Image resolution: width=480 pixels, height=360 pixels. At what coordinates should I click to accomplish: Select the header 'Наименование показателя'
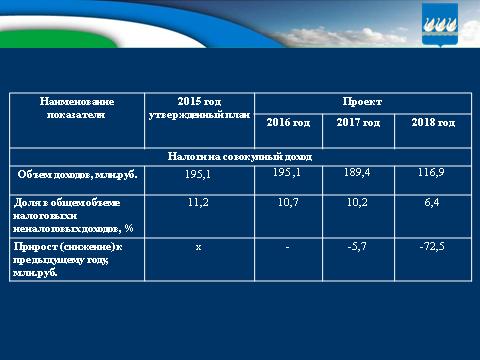76,109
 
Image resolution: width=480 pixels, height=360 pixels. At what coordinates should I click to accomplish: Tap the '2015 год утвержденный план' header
197,109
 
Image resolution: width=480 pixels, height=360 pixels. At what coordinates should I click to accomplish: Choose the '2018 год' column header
433,123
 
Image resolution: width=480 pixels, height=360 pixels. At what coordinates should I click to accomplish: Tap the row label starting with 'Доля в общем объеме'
76,213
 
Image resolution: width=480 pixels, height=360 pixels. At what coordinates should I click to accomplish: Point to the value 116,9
433,174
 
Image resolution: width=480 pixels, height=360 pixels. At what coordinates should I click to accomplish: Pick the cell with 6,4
433,201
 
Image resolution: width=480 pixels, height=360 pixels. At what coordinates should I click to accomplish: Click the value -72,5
433,245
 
